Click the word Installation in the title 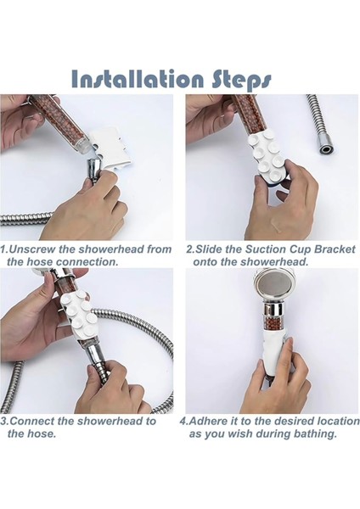pyautogui.click(x=137, y=79)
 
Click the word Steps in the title pyautogui.click(x=241, y=81)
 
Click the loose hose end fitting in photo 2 pyautogui.click(x=324, y=149)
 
